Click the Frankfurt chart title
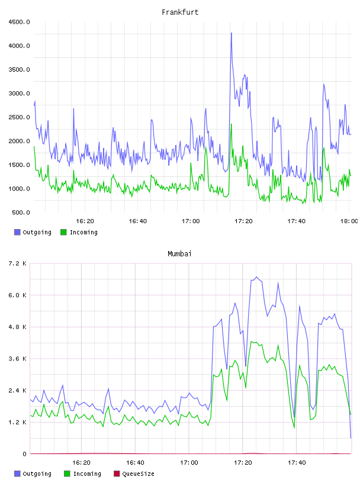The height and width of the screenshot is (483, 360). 180,12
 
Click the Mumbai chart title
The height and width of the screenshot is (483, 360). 179,254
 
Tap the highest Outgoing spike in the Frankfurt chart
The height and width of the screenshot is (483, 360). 231,33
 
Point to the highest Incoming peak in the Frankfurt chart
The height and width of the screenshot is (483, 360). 231,124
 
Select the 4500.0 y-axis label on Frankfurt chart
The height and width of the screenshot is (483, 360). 19,22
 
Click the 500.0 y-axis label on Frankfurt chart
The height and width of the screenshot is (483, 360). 21,212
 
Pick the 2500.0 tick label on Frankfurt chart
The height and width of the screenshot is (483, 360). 19,117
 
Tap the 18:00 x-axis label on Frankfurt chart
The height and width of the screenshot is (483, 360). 349,221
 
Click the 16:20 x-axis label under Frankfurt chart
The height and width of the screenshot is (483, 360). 85,221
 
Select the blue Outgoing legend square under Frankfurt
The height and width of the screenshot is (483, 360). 17,232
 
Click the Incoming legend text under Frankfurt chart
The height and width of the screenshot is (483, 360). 83,233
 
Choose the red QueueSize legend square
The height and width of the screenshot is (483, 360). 117,474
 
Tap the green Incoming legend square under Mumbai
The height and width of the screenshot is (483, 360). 67,474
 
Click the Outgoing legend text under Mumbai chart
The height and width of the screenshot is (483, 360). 37,474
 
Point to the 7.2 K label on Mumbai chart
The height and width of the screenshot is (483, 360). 18,263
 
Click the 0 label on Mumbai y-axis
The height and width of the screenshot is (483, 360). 24,454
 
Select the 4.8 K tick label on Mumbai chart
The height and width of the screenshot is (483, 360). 18,327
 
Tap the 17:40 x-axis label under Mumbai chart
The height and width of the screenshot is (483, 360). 297,463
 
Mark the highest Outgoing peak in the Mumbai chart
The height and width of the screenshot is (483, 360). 257,277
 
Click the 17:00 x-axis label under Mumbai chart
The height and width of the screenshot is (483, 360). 189,463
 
